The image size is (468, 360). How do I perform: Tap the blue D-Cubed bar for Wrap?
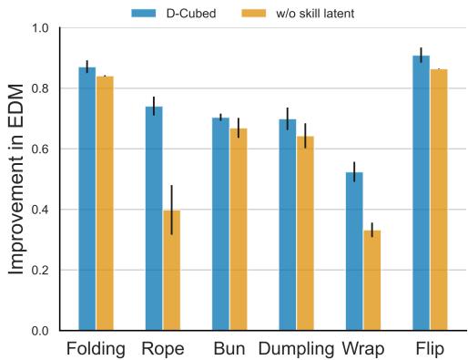(x=354, y=252)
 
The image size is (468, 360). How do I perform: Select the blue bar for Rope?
(x=154, y=219)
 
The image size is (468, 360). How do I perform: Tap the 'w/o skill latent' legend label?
(x=314, y=14)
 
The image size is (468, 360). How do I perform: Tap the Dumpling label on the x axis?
(x=297, y=348)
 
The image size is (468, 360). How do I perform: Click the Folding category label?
(x=97, y=348)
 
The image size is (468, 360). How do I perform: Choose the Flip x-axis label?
(x=429, y=348)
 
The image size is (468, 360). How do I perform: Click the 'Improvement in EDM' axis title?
(x=17, y=180)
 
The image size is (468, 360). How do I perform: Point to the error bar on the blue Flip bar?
(x=421, y=55)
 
